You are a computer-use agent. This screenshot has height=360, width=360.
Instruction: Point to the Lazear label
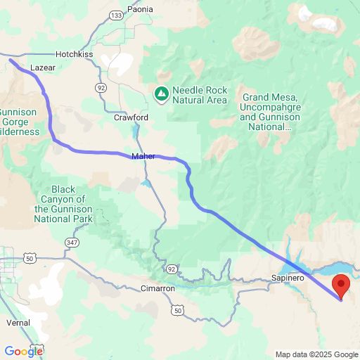point(43,68)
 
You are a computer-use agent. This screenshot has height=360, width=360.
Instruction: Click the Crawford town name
point(131,117)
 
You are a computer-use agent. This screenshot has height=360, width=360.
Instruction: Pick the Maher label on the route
point(143,156)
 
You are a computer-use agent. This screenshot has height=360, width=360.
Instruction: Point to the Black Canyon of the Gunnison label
point(63,204)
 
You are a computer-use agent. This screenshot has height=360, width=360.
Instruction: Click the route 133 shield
point(116,14)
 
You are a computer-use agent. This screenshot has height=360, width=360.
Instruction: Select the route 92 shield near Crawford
point(101,87)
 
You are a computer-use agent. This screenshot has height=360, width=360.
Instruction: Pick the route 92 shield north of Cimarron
point(173,269)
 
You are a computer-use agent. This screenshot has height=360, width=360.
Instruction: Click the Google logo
point(23,352)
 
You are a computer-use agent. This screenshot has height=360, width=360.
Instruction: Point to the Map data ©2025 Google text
point(316,354)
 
